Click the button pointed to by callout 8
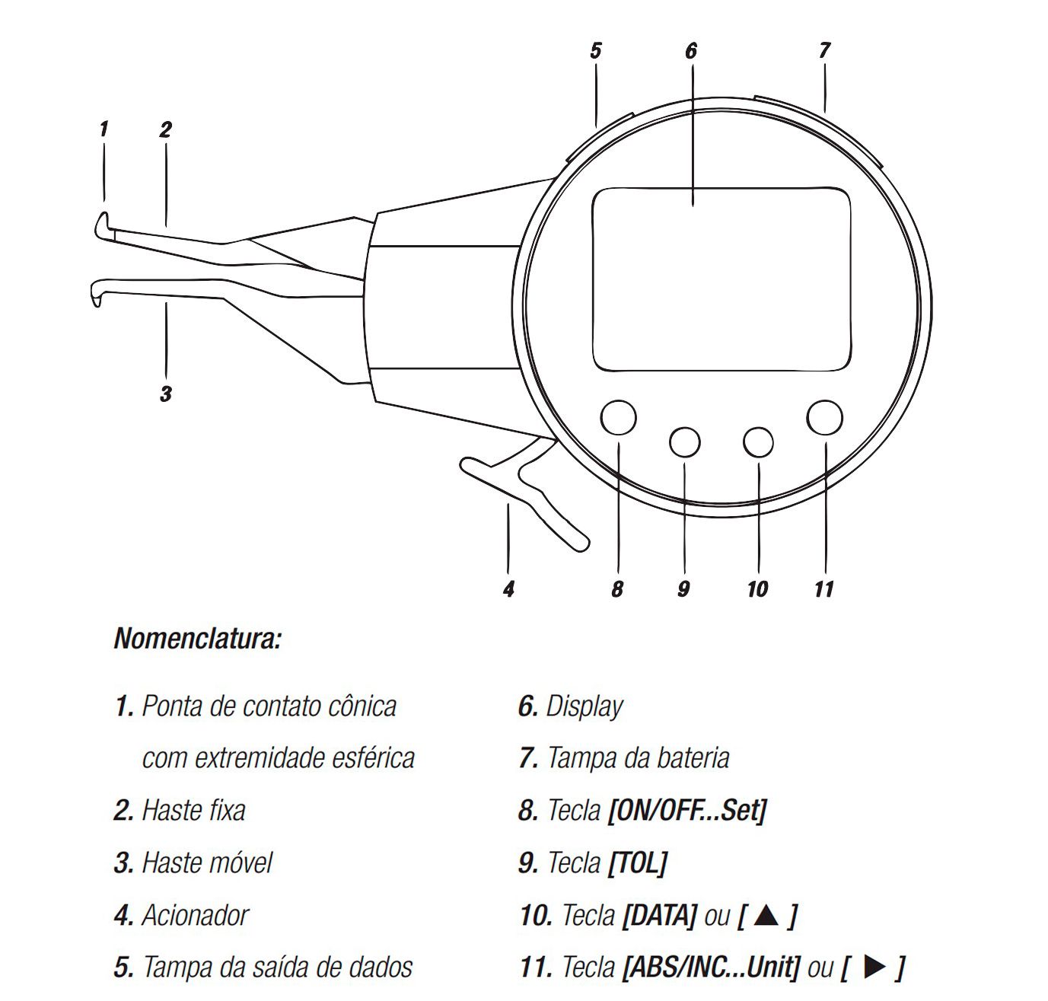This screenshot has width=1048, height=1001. (618, 417)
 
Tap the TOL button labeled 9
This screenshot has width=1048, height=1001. (684, 442)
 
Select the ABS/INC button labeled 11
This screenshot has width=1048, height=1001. (824, 417)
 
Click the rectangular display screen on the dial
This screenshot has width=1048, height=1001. (721, 279)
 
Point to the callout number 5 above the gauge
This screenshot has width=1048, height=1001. (595, 51)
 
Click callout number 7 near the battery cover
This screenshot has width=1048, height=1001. (824, 50)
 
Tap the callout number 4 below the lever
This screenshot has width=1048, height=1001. (509, 589)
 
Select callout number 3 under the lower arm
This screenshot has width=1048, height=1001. (166, 394)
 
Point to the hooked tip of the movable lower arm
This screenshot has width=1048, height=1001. (97, 292)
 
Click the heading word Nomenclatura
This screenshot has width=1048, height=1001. (198, 639)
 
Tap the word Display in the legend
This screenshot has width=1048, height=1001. (585, 706)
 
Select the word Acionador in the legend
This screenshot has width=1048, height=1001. (195, 915)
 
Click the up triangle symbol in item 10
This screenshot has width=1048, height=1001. (766, 915)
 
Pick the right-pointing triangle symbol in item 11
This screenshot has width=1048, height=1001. (874, 967)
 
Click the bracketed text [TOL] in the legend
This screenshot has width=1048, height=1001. (637, 863)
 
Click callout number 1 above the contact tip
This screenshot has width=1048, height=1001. (104, 129)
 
